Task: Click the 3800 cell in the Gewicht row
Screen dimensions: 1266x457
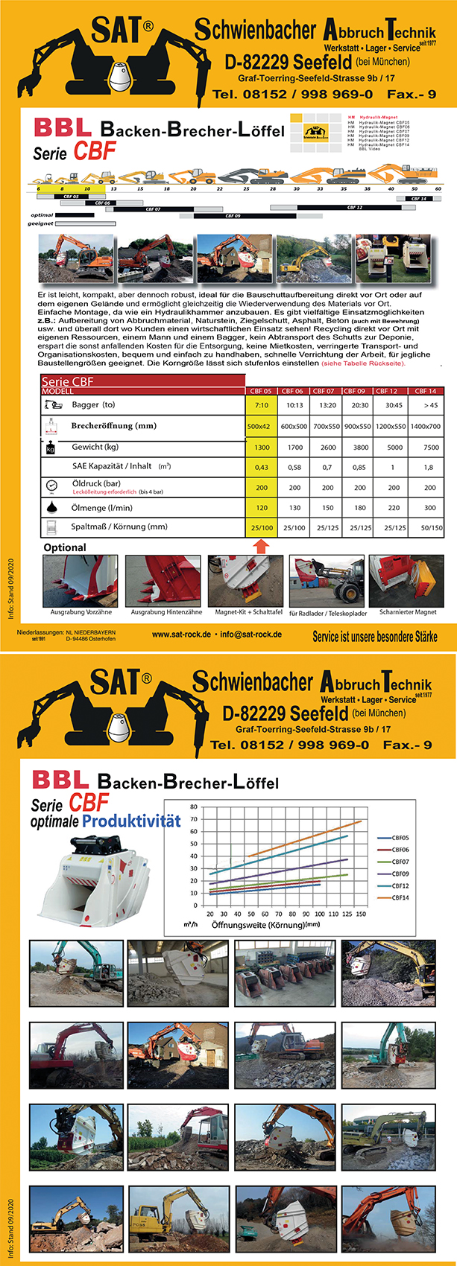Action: coord(360,447)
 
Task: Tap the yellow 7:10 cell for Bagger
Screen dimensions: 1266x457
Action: coord(261,406)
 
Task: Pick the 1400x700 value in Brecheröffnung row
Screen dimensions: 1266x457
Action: coord(426,427)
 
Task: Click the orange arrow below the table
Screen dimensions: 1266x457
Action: coord(260,545)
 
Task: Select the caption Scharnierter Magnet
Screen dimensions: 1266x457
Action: coord(408,612)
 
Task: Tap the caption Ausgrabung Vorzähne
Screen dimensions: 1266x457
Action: coord(81,612)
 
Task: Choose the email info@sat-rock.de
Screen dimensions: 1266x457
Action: coord(250,634)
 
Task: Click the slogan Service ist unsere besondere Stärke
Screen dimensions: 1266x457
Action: coord(375,636)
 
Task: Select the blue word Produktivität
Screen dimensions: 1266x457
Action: coord(131,821)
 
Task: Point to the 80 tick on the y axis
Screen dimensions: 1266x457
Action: coord(194,807)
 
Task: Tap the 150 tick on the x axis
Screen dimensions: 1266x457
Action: coord(361,914)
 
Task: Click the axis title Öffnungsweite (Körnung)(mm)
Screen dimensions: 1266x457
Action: coord(265,924)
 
